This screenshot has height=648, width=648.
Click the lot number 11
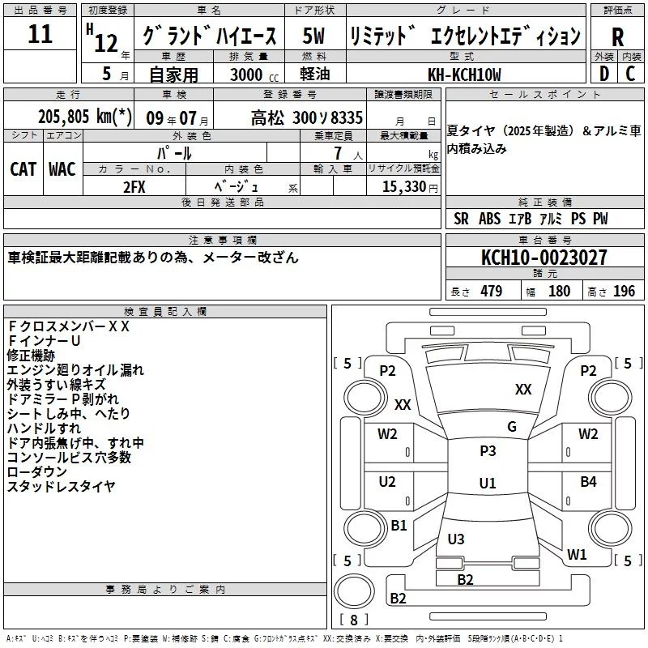(x=40, y=35)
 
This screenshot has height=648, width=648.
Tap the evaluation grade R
(x=617, y=37)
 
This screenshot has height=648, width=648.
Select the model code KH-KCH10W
(x=464, y=74)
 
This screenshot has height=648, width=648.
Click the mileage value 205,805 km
(x=84, y=117)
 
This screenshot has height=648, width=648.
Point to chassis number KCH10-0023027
(x=544, y=258)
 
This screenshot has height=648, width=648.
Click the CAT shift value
(x=23, y=169)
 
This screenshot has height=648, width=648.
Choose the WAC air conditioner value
(x=62, y=169)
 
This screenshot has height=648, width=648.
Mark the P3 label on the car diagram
(x=488, y=451)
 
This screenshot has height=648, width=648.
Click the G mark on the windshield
(x=511, y=427)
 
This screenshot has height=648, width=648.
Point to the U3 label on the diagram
(x=456, y=539)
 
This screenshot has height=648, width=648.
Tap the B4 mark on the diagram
(x=588, y=482)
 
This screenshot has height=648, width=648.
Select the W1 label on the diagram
(x=577, y=555)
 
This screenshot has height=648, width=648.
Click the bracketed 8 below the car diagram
(x=353, y=620)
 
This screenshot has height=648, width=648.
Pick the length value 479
(x=490, y=292)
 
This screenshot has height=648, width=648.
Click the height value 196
(x=625, y=292)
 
